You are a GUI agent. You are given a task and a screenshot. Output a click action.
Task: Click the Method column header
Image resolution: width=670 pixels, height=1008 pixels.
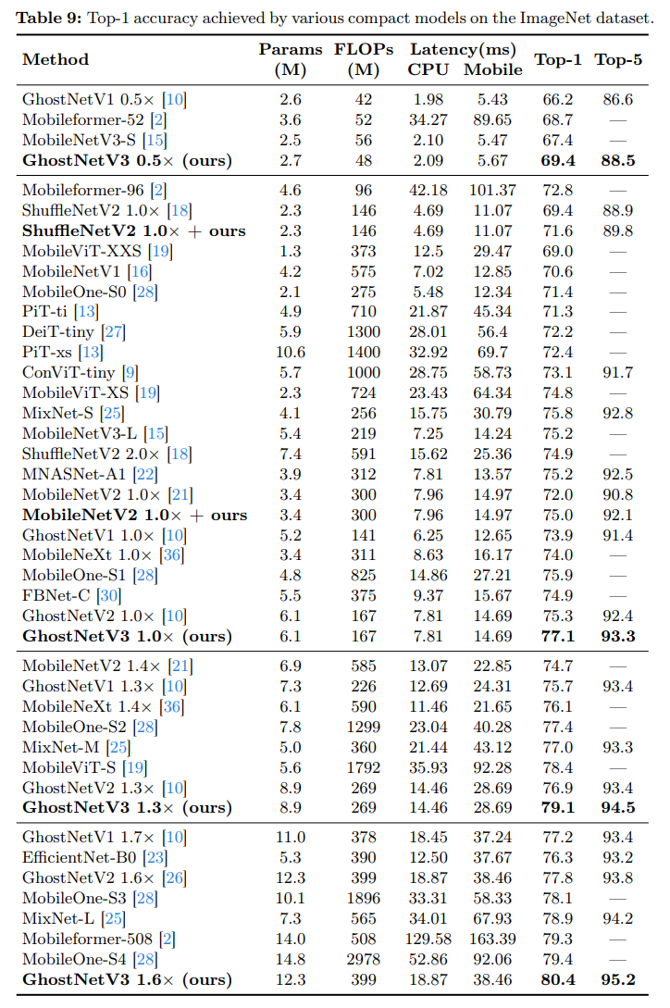56,60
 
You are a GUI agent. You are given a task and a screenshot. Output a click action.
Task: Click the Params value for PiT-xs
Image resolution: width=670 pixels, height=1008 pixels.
290,353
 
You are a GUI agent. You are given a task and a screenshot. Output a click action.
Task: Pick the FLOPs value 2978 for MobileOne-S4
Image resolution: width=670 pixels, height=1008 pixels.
364,959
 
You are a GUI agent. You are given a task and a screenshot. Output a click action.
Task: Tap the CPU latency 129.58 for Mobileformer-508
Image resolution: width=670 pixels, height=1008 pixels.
428,939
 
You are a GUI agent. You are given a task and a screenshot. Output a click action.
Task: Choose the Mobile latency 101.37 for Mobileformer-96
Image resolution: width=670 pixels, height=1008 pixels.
486,191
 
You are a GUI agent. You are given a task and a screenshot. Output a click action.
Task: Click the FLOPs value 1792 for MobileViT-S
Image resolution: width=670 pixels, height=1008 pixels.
364,767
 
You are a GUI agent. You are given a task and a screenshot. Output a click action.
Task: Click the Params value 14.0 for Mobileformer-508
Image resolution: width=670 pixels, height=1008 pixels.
290,939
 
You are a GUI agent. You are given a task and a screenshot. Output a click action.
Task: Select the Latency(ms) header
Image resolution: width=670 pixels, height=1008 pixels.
463,49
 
